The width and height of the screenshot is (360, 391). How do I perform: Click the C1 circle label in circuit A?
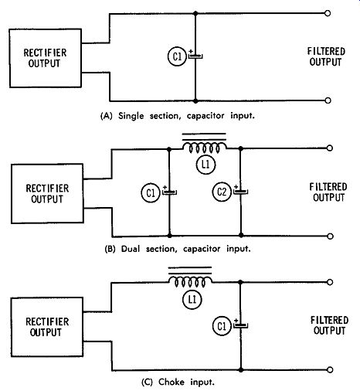point(177,56)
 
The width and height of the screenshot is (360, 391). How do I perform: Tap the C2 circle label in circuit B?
point(222,192)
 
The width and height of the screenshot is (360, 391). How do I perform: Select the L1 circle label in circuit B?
point(205,165)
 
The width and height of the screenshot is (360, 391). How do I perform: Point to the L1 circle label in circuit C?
point(192,299)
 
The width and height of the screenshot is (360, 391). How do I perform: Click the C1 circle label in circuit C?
point(222,326)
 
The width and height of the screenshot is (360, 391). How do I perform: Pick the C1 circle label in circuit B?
point(151,192)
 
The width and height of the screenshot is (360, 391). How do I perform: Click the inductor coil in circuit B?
point(205,148)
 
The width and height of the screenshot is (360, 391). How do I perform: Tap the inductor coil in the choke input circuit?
point(190,282)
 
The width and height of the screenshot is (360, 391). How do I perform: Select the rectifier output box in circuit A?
point(46,58)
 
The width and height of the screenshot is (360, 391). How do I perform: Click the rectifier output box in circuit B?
point(47,193)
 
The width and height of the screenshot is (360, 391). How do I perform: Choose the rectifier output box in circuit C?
point(47,327)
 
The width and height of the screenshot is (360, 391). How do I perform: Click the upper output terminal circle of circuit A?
point(328,13)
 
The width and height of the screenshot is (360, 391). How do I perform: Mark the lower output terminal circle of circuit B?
point(330,236)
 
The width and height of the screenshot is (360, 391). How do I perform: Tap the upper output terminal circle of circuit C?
point(330,282)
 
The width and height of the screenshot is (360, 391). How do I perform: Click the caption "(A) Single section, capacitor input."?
point(178,116)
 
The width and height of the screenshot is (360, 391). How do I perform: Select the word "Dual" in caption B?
point(131,249)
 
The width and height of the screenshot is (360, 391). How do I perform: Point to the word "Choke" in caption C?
point(172,382)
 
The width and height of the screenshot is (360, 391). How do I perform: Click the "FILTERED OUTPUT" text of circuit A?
point(326,56)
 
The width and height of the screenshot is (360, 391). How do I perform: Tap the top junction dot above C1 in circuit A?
point(195,13)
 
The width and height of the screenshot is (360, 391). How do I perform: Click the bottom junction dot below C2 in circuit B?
point(241,235)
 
